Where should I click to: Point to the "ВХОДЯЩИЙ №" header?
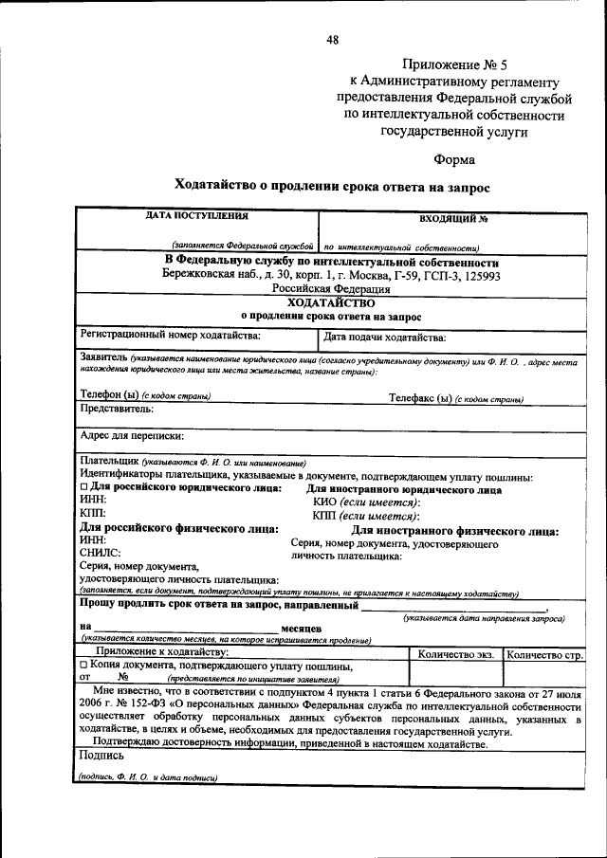453,219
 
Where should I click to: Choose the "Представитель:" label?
116,411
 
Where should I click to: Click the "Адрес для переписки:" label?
132,437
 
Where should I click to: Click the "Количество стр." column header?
544,653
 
